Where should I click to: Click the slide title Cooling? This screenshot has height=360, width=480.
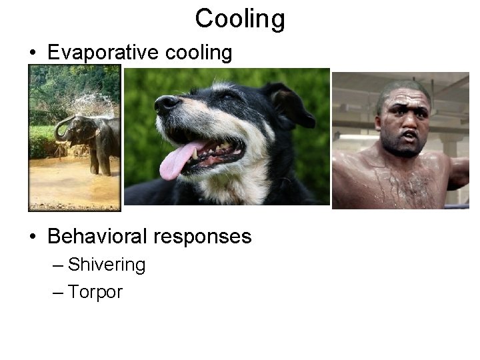240,19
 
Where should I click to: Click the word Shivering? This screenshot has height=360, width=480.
107,265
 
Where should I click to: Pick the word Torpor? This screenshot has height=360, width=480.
95,292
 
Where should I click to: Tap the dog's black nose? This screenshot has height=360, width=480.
166,103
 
